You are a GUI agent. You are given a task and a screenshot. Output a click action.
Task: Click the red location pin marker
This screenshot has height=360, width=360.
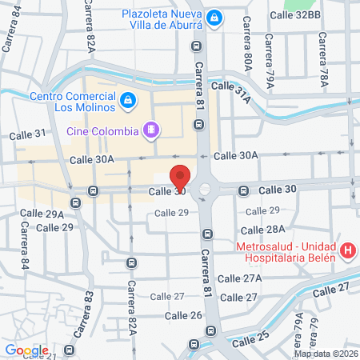pos(181,178)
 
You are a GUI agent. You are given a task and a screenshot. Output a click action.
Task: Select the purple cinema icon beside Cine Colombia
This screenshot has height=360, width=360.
pos(150,128)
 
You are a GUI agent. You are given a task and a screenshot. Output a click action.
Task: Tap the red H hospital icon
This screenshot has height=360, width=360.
pos(347,250)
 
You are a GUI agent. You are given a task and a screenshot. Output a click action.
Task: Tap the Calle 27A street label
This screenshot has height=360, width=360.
pos(242,278)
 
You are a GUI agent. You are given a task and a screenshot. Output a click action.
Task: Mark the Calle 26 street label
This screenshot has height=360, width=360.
pos(184,315)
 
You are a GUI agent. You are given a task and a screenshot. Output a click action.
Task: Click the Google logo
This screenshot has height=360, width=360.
pos(26,350)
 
